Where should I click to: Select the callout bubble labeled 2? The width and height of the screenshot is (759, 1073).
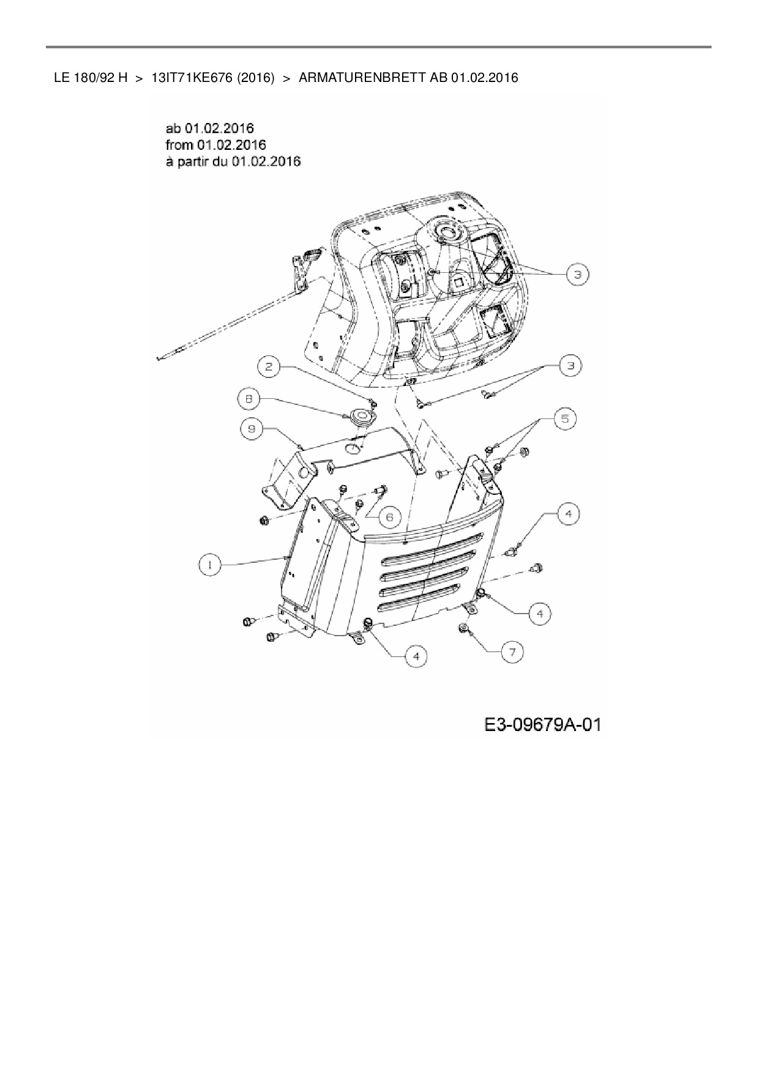[269, 367]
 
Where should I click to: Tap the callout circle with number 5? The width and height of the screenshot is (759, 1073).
[564, 418]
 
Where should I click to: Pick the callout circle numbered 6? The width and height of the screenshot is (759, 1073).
[389, 517]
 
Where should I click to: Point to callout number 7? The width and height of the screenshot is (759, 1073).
[512, 652]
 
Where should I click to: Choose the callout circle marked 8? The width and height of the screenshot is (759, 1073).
[249, 399]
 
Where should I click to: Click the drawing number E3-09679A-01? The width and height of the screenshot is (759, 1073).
[542, 725]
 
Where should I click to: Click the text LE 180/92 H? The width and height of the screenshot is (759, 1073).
[91, 78]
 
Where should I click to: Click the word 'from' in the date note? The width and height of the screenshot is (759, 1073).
[179, 145]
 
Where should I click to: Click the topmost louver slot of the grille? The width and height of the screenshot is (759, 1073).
[432, 542]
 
